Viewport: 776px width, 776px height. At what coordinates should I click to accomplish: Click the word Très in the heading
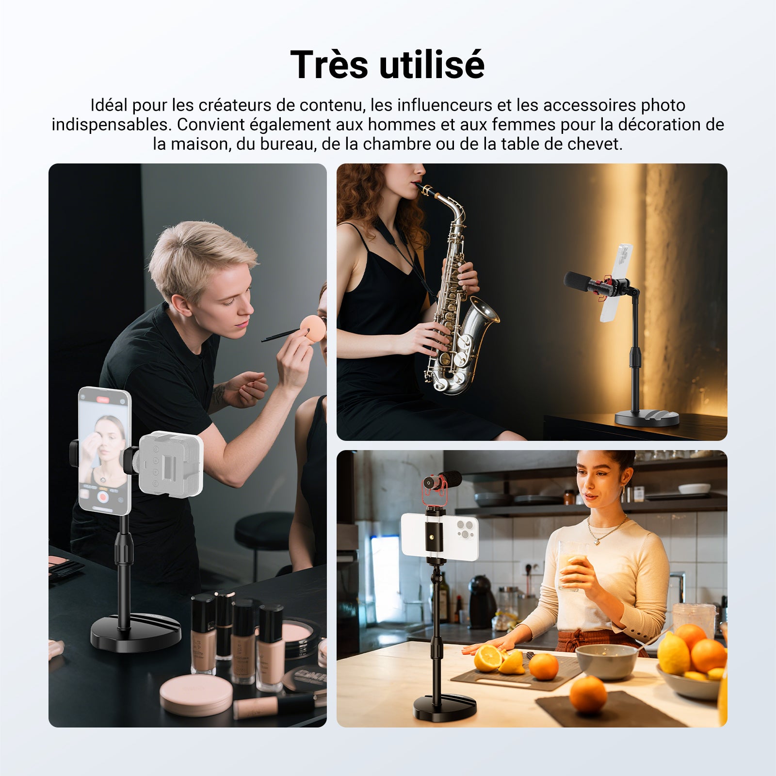tap(329, 65)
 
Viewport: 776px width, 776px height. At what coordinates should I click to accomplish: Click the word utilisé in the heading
tap(432, 65)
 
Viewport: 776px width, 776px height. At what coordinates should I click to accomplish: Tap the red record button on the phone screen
tap(102, 497)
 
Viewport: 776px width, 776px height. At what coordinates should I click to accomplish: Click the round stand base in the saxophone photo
tap(647, 418)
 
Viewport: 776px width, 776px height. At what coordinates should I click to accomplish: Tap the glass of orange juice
tap(571, 566)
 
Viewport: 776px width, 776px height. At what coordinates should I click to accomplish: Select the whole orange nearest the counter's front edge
tap(588, 695)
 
